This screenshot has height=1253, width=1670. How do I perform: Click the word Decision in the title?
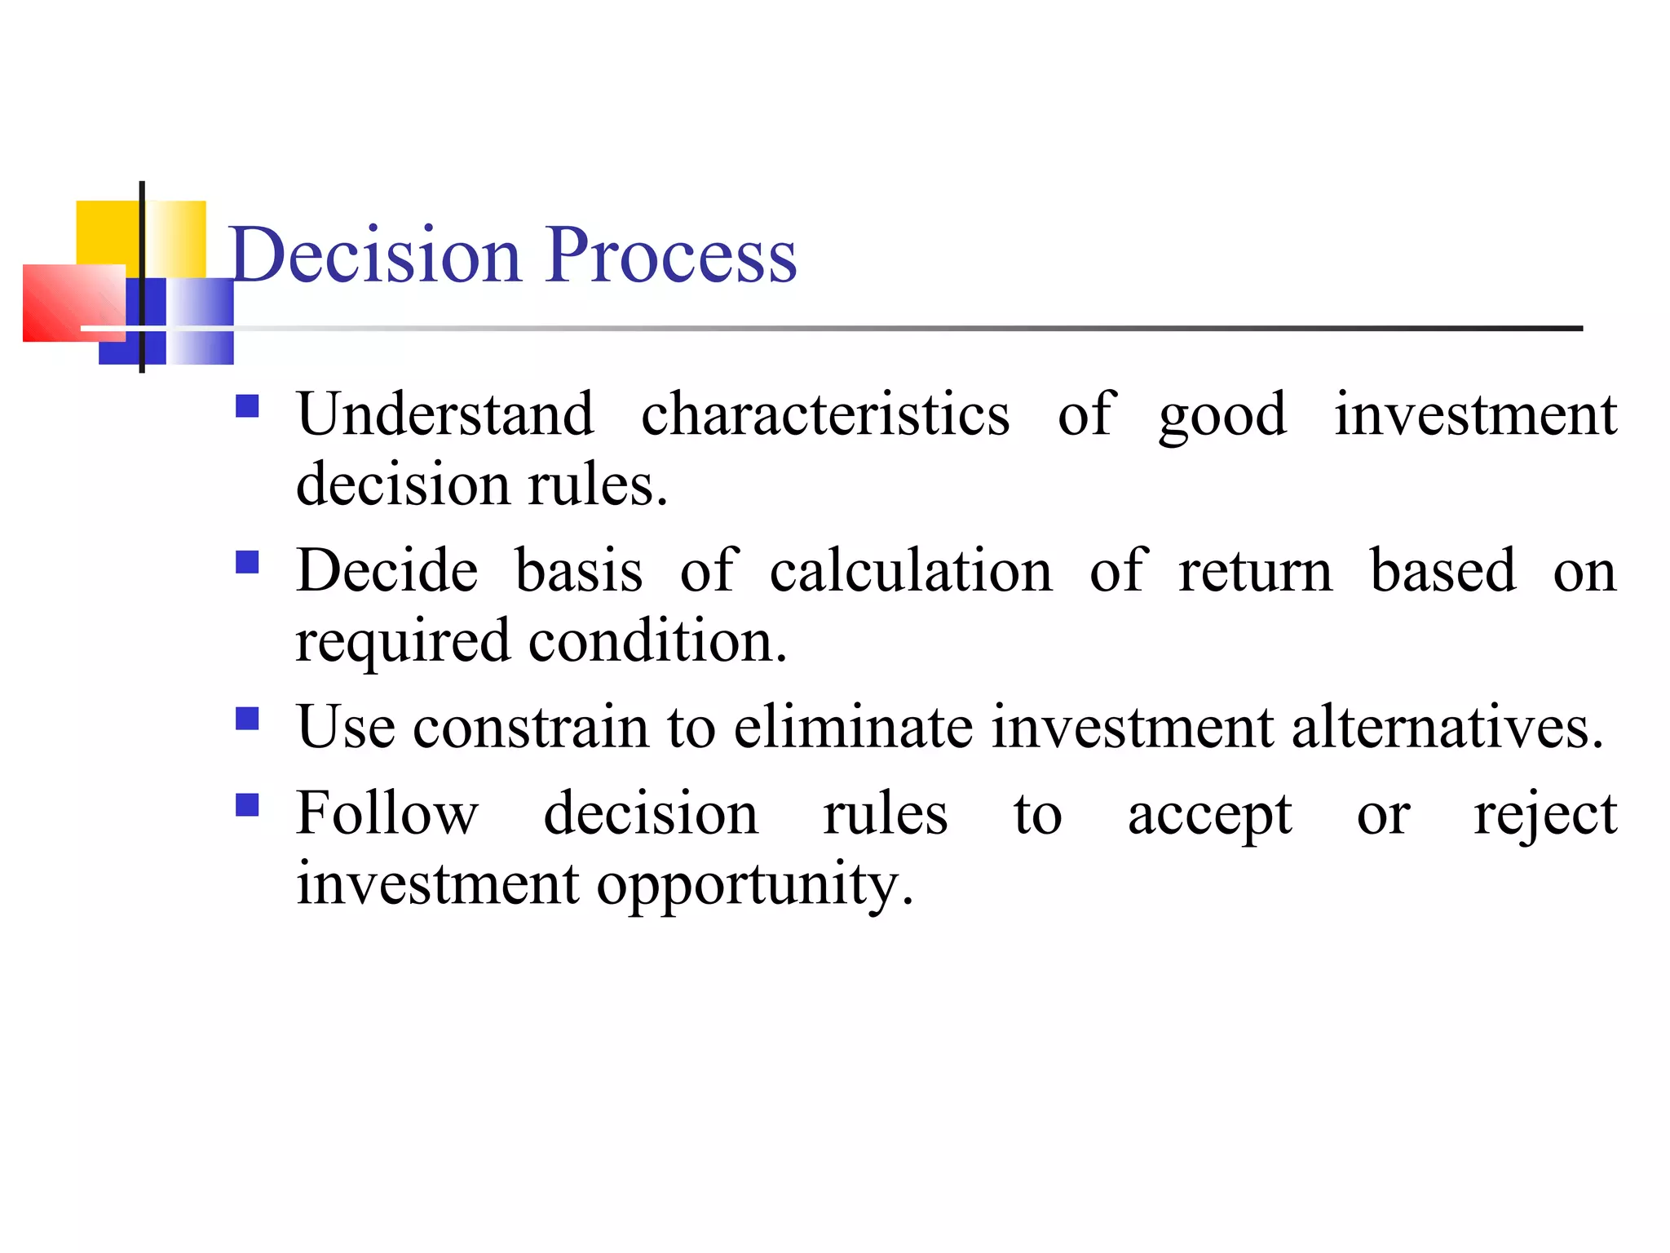click(375, 255)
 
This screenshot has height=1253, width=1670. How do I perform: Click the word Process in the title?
click(670, 255)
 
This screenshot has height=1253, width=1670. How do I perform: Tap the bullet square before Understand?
click(247, 406)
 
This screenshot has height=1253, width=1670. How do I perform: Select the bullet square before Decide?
click(247, 563)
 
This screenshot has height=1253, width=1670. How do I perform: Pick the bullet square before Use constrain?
click(247, 719)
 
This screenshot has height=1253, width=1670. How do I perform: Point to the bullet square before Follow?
click(247, 805)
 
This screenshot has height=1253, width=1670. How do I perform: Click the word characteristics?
click(825, 414)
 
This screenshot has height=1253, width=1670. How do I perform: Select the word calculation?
click(911, 570)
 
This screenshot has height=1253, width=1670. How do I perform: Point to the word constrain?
click(531, 726)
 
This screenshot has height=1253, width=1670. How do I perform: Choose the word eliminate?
click(853, 726)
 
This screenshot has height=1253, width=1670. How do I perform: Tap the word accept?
click(1210, 815)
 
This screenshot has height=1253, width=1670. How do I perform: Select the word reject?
click(1545, 815)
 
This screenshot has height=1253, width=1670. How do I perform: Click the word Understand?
click(445, 414)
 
